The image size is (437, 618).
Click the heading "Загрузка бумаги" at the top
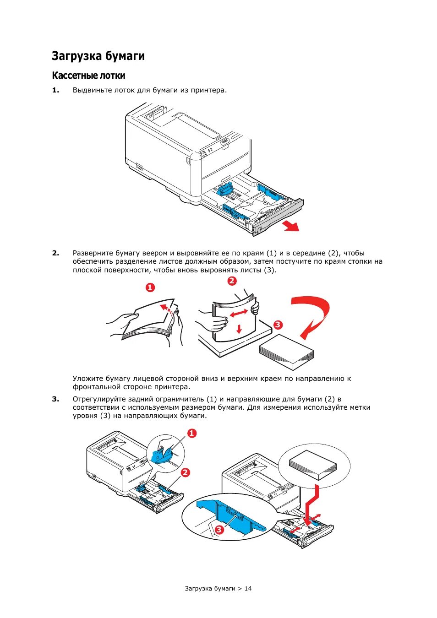(x=98, y=56)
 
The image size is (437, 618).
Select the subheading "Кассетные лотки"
(x=88, y=76)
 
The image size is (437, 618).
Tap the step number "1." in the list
(x=55, y=90)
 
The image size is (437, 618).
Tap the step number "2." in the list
(x=55, y=253)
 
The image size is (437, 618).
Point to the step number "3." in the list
(x=55, y=399)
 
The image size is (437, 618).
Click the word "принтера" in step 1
(x=208, y=90)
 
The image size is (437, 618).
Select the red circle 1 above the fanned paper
(x=150, y=287)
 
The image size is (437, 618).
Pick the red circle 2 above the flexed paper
(x=232, y=281)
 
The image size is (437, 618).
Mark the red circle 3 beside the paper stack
(x=278, y=325)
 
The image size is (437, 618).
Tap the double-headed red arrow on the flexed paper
(x=239, y=313)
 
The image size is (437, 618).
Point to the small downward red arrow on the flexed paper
(x=239, y=328)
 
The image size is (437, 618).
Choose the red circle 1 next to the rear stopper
(x=192, y=433)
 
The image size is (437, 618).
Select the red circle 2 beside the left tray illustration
(x=185, y=472)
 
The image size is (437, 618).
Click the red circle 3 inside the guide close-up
(x=219, y=530)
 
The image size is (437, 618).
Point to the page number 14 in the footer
(x=248, y=588)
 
